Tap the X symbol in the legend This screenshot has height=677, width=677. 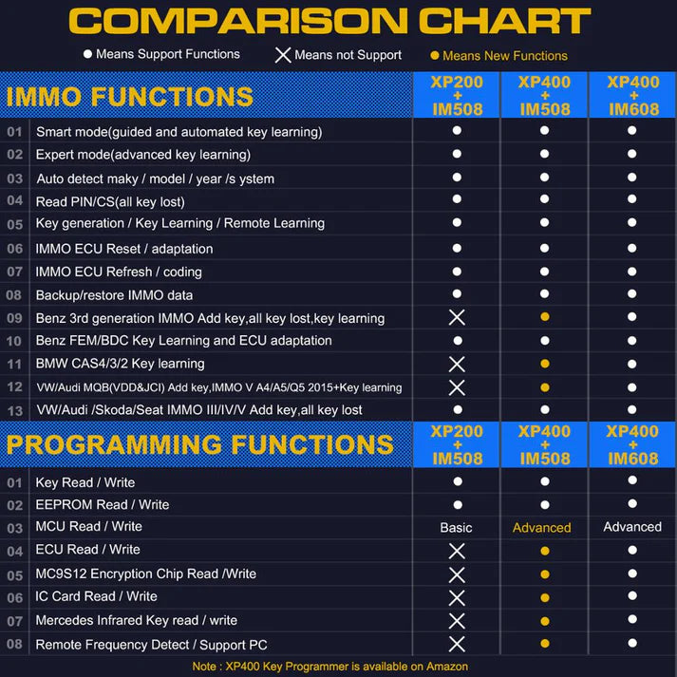pyautogui.click(x=283, y=55)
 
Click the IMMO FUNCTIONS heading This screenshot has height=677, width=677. pyautogui.click(x=130, y=96)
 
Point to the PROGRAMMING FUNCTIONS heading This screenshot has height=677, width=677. pyautogui.click(x=199, y=444)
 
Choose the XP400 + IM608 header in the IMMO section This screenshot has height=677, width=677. pyautogui.click(x=632, y=96)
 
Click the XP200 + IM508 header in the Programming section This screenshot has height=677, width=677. pyautogui.click(x=457, y=444)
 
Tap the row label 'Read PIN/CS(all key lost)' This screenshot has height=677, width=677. pyautogui.click(x=110, y=201)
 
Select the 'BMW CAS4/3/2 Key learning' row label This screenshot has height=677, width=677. pyautogui.click(x=120, y=364)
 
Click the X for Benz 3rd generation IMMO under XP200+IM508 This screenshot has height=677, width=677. pyautogui.click(x=457, y=317)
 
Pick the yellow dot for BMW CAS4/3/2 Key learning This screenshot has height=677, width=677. pyautogui.click(x=544, y=364)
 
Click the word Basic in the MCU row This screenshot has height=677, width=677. pyautogui.click(x=456, y=527)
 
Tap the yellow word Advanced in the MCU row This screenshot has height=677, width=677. pyautogui.click(x=542, y=527)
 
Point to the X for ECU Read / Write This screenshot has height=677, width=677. pyautogui.click(x=457, y=551)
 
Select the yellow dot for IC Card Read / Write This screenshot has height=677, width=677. pyautogui.click(x=544, y=597)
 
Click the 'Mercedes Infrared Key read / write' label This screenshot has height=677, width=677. pyautogui.click(x=137, y=620)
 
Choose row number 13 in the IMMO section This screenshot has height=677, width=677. pyautogui.click(x=14, y=410)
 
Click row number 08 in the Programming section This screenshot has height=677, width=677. pyautogui.click(x=14, y=645)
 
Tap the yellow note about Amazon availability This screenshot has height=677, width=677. pyautogui.click(x=339, y=666)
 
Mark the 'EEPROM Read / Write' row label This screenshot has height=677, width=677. pyautogui.click(x=103, y=504)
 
